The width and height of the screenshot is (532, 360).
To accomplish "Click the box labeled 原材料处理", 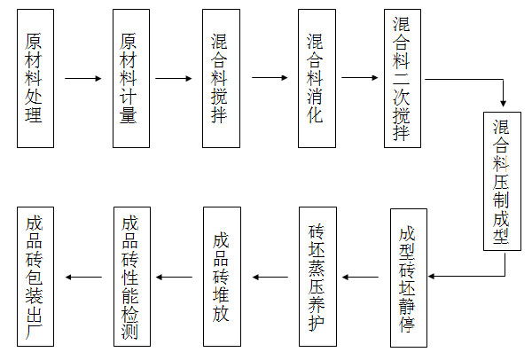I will tap(35, 79).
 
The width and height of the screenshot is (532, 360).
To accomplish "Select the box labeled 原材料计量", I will tap(130, 79).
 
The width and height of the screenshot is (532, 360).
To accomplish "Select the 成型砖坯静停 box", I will tap(408, 277).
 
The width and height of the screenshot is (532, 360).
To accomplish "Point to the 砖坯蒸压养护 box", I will tap(317, 277).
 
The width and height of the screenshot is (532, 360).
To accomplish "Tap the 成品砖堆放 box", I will tap(222, 277).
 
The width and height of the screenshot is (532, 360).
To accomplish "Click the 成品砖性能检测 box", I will tap(130, 277).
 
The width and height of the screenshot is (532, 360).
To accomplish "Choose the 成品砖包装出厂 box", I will tap(35, 277).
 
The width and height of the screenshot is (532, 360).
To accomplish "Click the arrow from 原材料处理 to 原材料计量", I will tap(82, 79).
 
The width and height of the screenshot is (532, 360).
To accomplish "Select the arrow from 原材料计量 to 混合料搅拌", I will tap(174, 79).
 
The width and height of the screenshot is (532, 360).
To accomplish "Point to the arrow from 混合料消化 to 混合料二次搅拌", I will tap(360, 79).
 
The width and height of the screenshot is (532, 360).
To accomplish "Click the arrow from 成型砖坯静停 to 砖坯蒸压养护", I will tap(363, 277).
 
